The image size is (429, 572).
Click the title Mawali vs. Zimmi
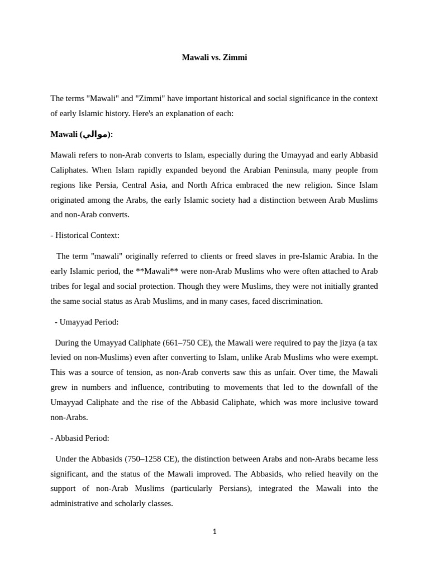214,58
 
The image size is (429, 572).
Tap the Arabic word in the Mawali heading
96,134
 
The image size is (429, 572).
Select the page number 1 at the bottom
214,532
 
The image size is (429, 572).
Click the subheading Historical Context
87,235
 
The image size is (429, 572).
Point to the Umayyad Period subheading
89,322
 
